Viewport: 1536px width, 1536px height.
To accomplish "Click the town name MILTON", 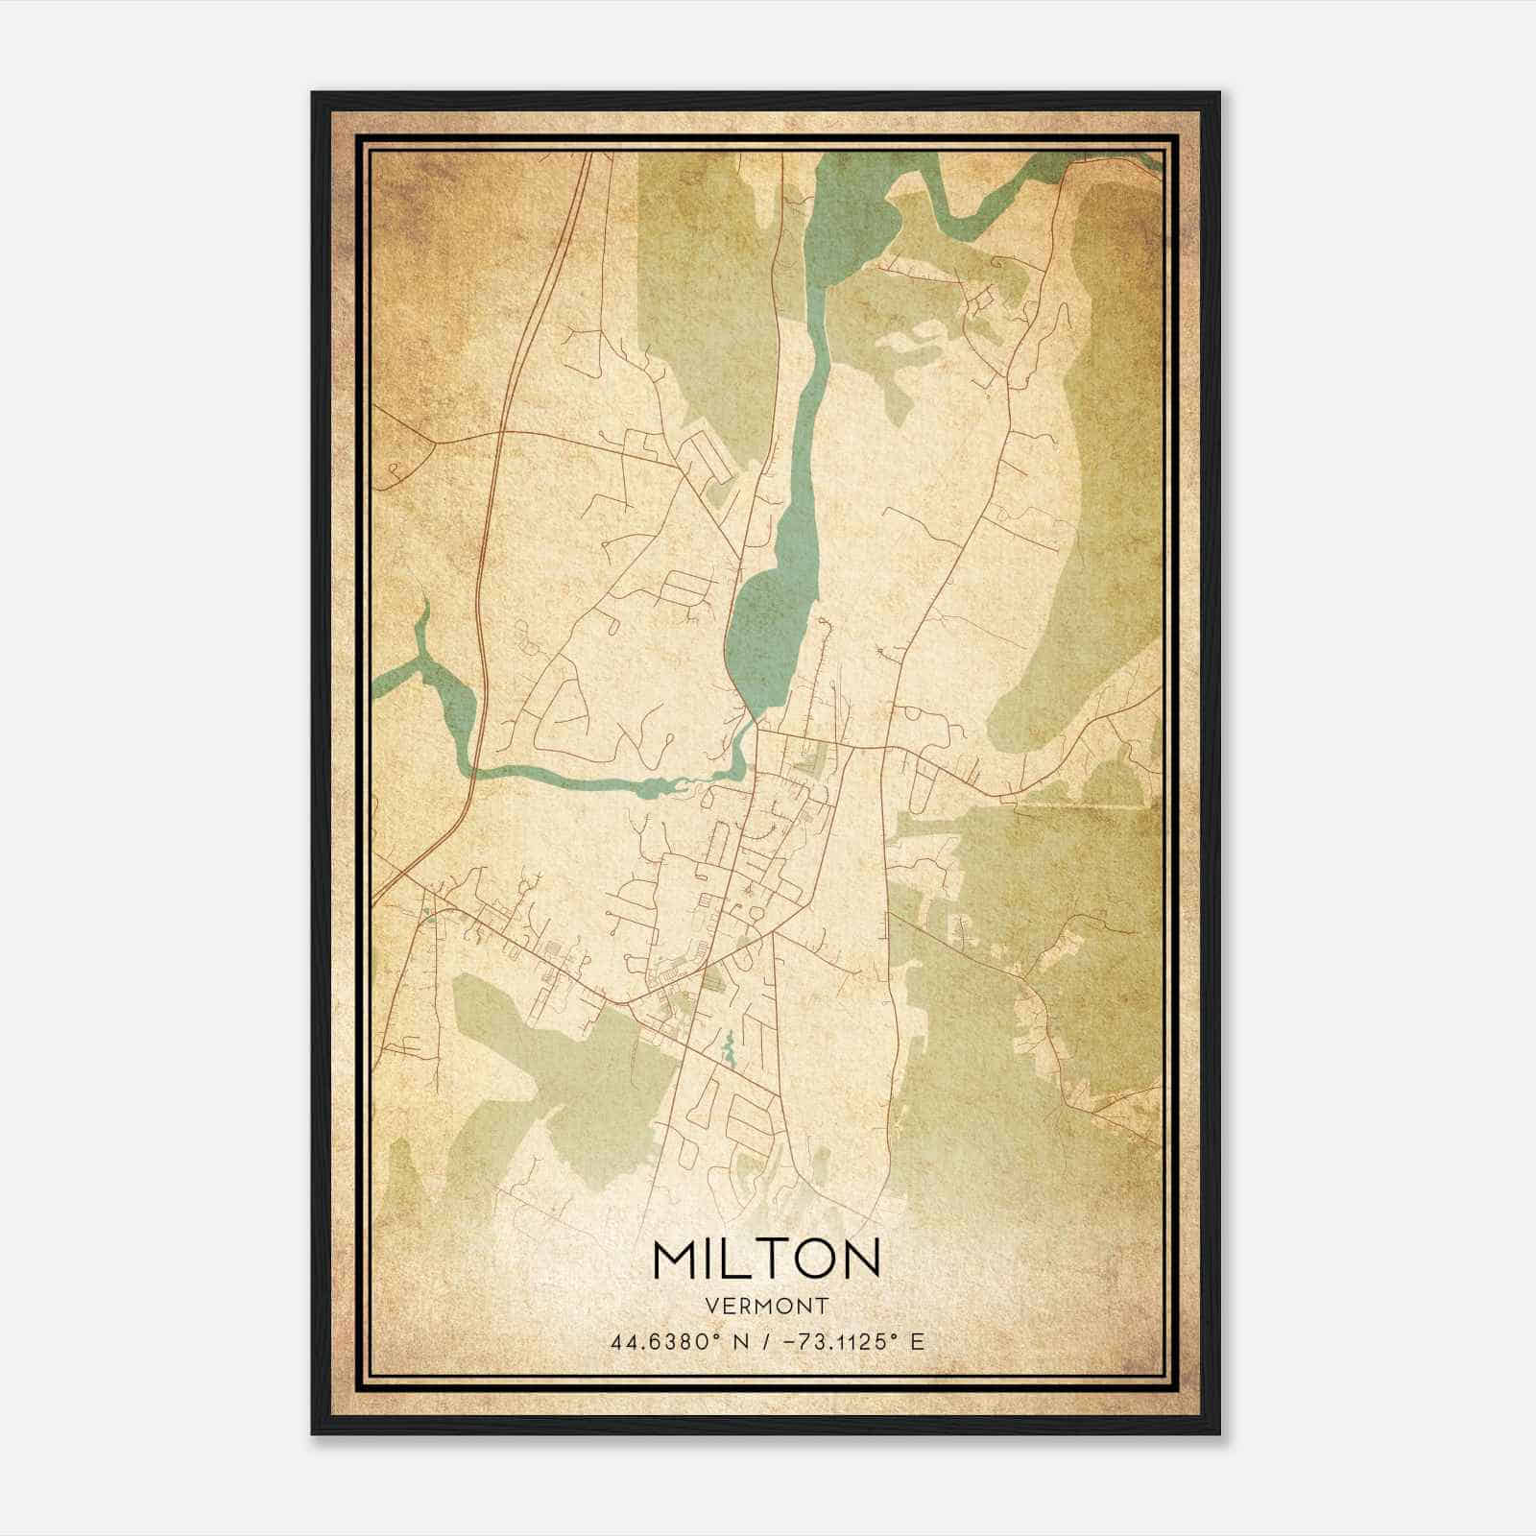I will pos(766,1259).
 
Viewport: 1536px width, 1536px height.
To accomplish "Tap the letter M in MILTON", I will pos(677,1259).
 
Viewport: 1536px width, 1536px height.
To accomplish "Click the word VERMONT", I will pos(766,1307).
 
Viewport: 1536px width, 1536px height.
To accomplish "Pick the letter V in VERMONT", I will pos(710,1307).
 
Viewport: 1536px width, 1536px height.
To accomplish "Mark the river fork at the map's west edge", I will pos(422,662).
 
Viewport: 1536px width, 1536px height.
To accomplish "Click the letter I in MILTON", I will pos(713,1259).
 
